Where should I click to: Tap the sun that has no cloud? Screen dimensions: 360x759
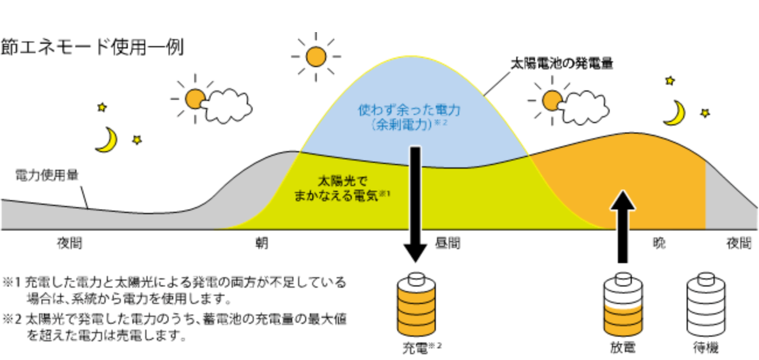(x=316, y=55)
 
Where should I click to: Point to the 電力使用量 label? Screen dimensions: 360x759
(x=47, y=174)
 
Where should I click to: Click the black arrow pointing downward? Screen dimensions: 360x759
(x=415, y=204)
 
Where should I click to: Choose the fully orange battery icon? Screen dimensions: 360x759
(x=415, y=306)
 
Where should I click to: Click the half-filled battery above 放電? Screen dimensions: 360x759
(x=623, y=306)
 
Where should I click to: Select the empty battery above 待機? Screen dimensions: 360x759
(x=706, y=306)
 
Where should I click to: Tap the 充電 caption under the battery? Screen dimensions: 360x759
(x=414, y=348)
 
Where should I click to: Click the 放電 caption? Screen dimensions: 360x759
(x=623, y=348)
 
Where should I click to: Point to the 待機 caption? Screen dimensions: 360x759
(x=706, y=348)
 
